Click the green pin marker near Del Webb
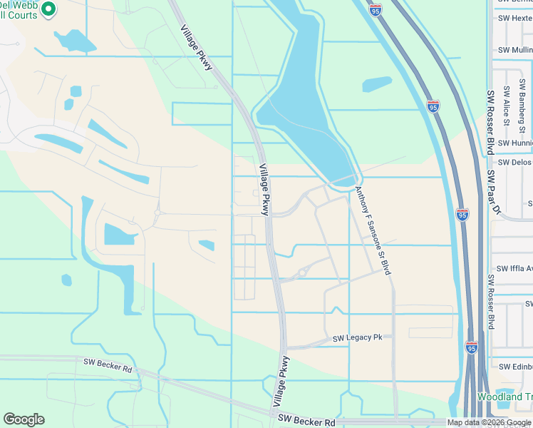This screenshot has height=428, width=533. click(48, 9)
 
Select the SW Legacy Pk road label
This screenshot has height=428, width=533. click(363, 337)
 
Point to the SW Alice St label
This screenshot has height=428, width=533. click(506, 106)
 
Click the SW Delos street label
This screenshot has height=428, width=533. click(514, 162)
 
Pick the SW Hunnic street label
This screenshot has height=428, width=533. click(514, 143)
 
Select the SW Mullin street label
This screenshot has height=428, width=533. click(514, 51)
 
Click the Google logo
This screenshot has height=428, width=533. click(24, 419)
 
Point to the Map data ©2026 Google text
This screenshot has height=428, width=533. click(489, 422)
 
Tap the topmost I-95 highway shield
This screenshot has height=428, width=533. click(376, 9)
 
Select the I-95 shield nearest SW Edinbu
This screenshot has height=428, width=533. click(471, 347)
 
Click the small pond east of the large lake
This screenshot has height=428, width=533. click(376, 84)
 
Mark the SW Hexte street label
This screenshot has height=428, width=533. click(515, 18)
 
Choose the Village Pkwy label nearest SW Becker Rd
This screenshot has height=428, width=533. click(281, 382)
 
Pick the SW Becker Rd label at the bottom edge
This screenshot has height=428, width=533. click(306, 421)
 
